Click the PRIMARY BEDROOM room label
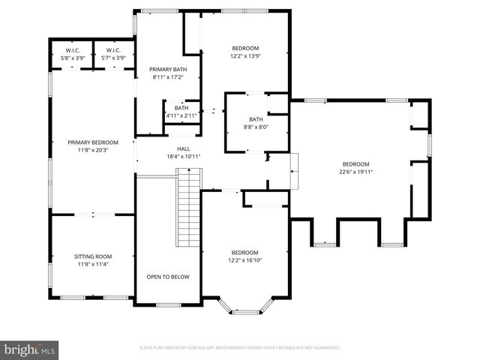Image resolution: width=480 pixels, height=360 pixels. click(x=93, y=142)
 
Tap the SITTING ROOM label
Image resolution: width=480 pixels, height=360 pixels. click(x=93, y=256)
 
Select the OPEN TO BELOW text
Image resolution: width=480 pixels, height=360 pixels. click(x=168, y=277)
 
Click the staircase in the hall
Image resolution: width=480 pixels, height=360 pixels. click(x=188, y=208)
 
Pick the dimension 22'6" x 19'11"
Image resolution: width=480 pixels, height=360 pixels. click(x=356, y=172)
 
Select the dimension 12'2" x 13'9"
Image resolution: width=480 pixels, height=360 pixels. click(x=244, y=55)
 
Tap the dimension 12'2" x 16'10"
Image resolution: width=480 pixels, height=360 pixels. click(x=244, y=260)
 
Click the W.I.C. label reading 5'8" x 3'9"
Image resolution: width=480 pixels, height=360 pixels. click(x=73, y=57)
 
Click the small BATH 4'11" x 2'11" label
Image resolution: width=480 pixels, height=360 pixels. click(x=181, y=115)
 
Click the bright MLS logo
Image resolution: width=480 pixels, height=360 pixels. click(x=31, y=349)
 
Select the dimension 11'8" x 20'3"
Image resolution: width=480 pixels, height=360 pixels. click(x=93, y=150)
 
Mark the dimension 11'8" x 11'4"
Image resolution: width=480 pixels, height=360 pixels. click(x=93, y=263)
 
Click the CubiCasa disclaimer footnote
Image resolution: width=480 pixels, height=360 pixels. click(x=240, y=348)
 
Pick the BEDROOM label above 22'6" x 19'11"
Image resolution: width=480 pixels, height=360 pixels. click(x=356, y=164)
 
